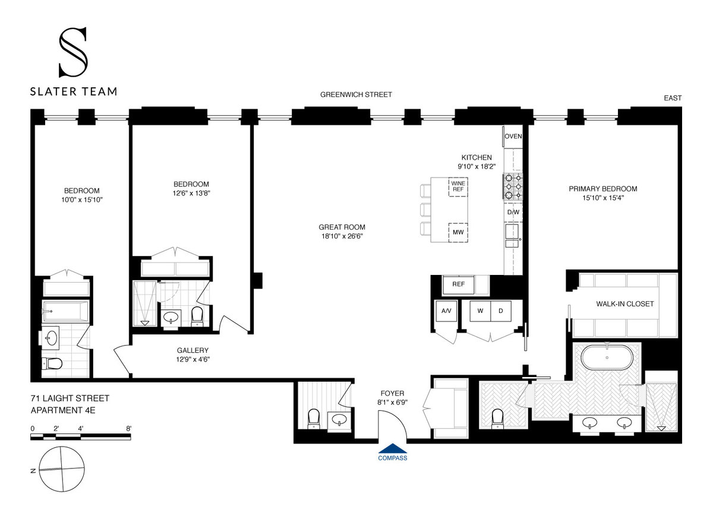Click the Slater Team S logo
[73, 53]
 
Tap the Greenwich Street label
[356, 94]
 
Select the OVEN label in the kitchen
[513, 137]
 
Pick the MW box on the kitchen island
[458, 232]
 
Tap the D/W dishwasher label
[513, 211]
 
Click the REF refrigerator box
[458, 284]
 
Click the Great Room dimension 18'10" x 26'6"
[342, 236]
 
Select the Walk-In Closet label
[624, 303]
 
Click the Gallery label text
[193, 350]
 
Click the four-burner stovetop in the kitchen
[513, 185]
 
